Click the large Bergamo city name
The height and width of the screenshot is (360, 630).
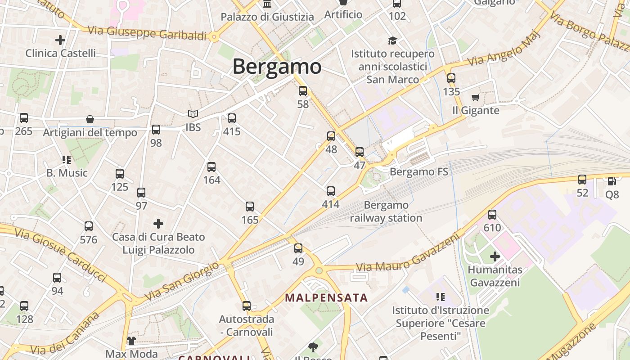point(277,67)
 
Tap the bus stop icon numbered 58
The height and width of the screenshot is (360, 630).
point(303,91)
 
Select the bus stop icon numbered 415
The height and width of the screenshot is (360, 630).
point(232,118)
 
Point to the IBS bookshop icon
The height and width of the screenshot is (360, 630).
point(193,115)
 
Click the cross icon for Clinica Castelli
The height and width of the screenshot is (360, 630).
point(60,40)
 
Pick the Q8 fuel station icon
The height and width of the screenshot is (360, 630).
point(612,181)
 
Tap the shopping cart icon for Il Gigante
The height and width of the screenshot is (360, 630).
point(475,97)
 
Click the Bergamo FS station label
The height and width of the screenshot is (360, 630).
point(419,172)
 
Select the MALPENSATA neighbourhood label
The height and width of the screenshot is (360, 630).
point(326,298)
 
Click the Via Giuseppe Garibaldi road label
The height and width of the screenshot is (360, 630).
point(147,33)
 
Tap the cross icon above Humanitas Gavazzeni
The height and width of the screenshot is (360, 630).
point(495,256)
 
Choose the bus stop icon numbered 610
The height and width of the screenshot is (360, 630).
point(492,215)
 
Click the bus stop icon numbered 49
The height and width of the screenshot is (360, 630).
point(298,248)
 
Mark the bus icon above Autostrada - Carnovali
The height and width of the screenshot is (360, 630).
point(247,306)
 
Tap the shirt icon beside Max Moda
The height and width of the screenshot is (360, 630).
point(131,340)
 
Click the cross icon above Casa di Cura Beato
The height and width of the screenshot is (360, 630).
point(158,224)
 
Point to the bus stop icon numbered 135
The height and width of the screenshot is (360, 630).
point(451,78)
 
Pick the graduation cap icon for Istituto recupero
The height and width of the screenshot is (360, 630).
point(393,41)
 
